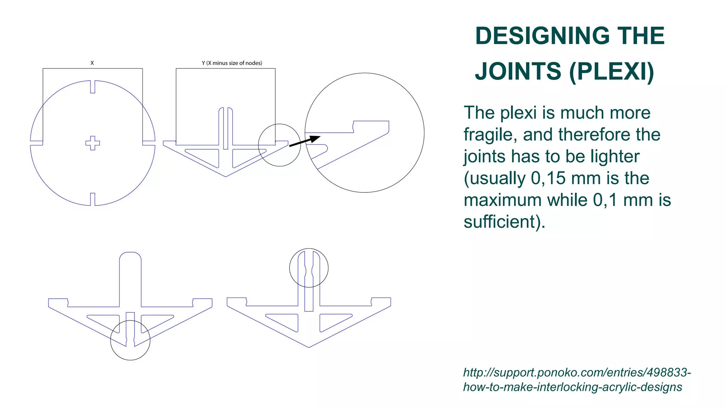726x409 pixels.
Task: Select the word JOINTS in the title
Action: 518,71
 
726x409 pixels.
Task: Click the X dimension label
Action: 92,63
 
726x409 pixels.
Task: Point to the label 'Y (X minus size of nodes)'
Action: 232,63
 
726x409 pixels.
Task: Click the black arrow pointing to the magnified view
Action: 305,141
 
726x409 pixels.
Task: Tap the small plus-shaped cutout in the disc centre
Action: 93,143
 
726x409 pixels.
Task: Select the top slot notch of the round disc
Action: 93,87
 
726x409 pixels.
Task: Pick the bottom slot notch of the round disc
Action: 93,199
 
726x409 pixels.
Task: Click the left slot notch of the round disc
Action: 37,143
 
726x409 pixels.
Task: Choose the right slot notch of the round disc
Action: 149,143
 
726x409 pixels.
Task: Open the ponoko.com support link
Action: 577,380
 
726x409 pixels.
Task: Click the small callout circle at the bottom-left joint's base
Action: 130,340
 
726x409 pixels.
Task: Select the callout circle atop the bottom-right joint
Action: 309,268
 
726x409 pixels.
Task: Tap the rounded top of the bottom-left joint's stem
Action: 130,256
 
